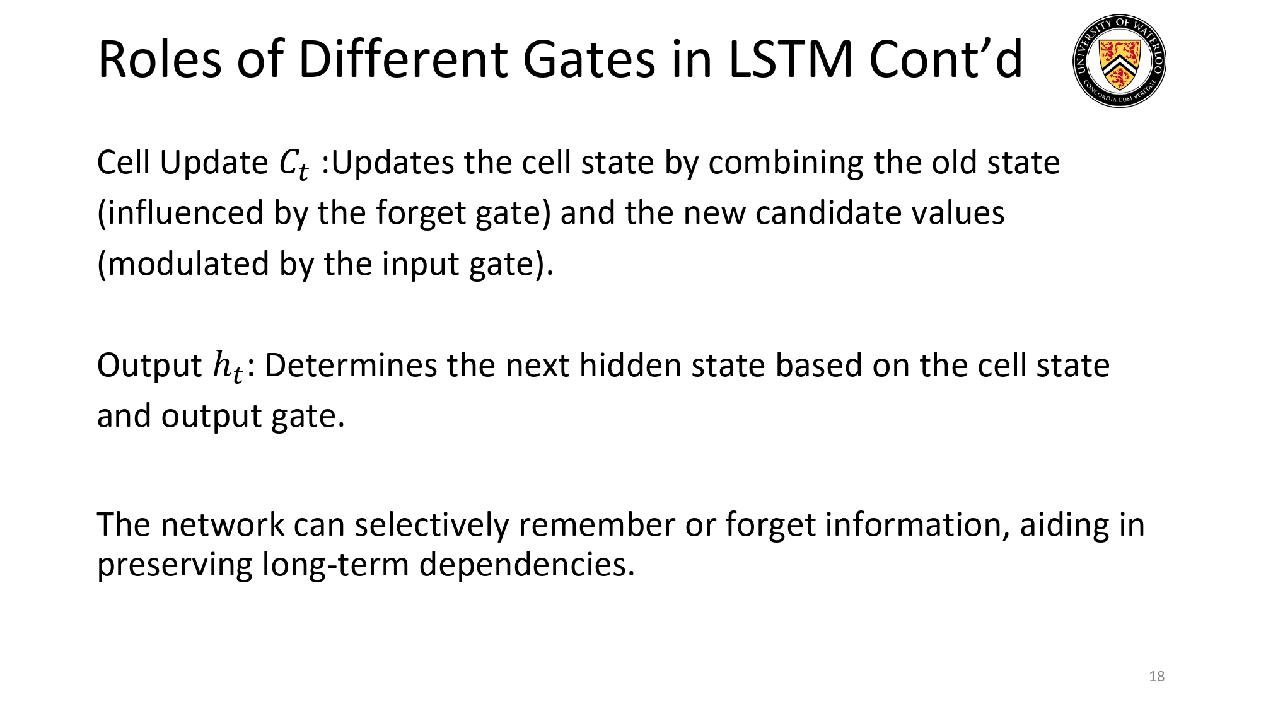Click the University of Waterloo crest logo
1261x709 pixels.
tap(1119, 61)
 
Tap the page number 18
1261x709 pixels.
tap(1156, 676)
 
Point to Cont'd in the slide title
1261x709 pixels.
tap(945, 59)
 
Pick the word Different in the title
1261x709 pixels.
tap(402, 59)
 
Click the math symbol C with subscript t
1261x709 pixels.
tap(294, 164)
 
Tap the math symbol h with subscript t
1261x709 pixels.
tap(228, 367)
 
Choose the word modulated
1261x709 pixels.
tap(189, 263)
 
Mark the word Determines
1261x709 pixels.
tap(351, 366)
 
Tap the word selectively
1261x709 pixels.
tap(431, 525)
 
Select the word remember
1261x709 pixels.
tap(596, 525)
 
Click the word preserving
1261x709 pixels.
tap(174, 564)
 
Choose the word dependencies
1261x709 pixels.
tap(526, 564)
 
